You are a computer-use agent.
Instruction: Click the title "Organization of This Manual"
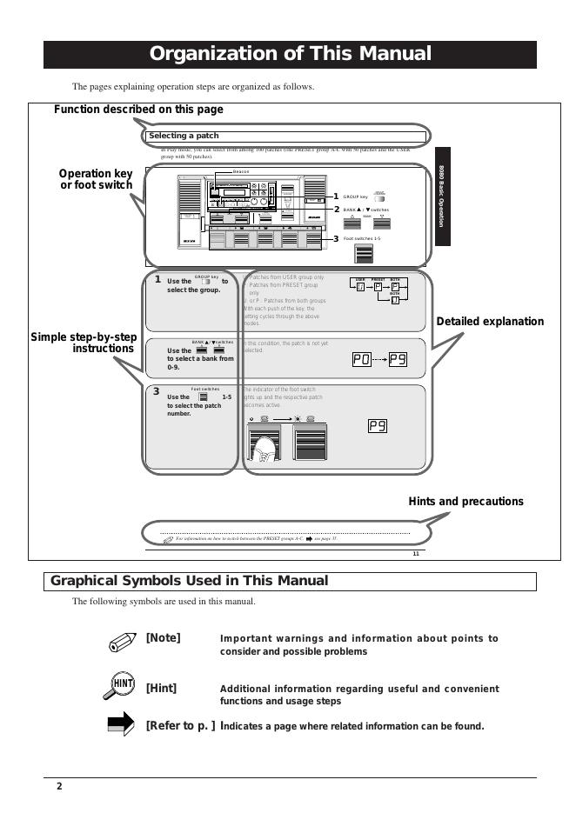(x=290, y=54)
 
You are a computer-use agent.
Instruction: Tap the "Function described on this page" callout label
(x=138, y=110)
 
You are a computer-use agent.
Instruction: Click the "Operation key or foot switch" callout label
(x=96, y=179)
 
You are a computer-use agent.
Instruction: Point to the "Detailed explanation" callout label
(x=490, y=322)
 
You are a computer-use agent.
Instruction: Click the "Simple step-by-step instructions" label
(x=84, y=343)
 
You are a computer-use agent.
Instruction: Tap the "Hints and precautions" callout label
(x=465, y=502)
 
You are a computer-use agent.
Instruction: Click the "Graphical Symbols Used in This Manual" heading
(x=190, y=581)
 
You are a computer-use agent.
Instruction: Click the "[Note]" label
(x=164, y=638)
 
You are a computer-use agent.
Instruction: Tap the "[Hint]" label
(x=162, y=689)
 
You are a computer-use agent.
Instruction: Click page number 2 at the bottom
(x=59, y=787)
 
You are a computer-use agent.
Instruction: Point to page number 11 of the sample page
(x=416, y=554)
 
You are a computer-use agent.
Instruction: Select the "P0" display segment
(x=361, y=360)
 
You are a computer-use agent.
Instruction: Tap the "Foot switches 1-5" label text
(x=365, y=238)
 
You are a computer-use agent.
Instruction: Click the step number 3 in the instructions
(x=157, y=391)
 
